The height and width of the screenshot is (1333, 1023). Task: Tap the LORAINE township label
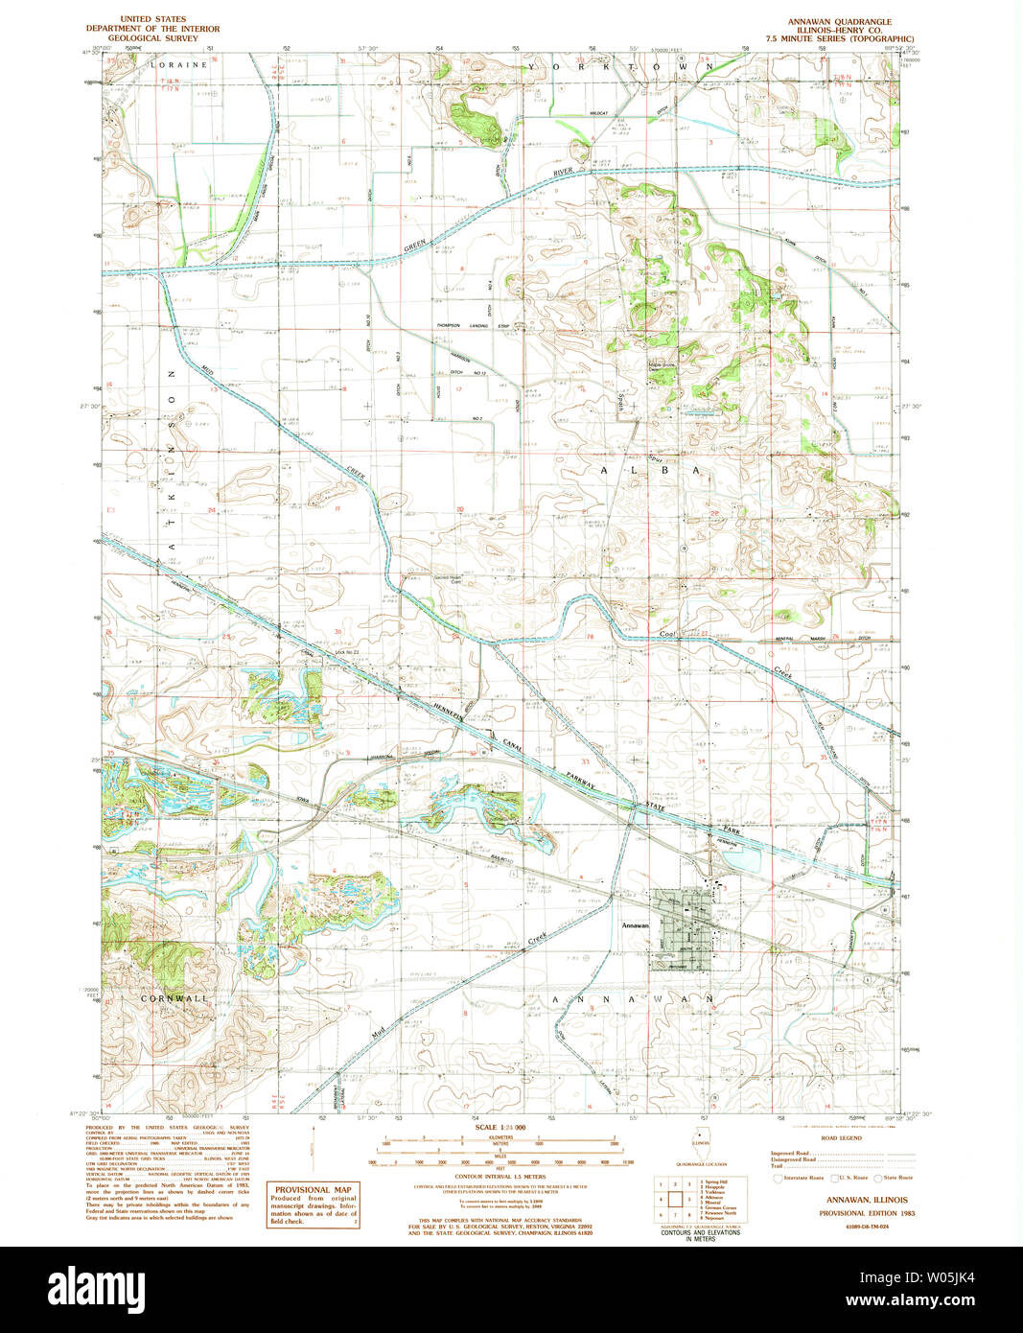click(x=178, y=64)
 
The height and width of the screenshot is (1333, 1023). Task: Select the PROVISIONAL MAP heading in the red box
click(x=313, y=1189)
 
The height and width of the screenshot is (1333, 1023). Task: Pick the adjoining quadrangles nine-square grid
click(x=676, y=1200)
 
